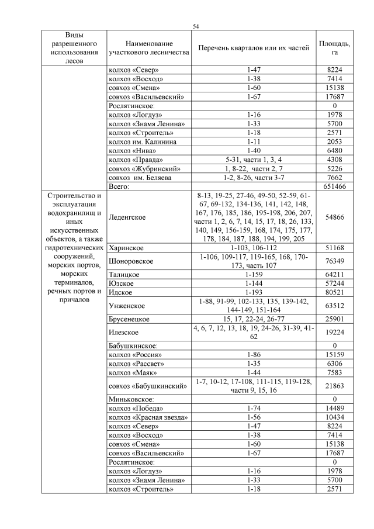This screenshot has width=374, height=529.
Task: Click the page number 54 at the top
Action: pyautogui.click(x=196, y=26)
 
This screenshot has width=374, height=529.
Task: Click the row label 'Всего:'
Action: pyautogui.click(x=118, y=186)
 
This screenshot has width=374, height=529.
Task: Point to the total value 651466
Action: pyautogui.click(x=334, y=186)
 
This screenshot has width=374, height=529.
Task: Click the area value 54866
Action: pyautogui.click(x=334, y=217)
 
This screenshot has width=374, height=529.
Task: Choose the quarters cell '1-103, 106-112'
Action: pyautogui.click(x=253, y=248)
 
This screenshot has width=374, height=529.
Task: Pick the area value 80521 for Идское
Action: pyautogui.click(x=334, y=292)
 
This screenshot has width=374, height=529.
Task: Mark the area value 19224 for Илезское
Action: pyautogui.click(x=334, y=332)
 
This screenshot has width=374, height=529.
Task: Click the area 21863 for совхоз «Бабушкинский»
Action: pyautogui.click(x=334, y=385)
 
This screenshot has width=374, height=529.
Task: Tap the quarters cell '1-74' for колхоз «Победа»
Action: pyautogui.click(x=253, y=408)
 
